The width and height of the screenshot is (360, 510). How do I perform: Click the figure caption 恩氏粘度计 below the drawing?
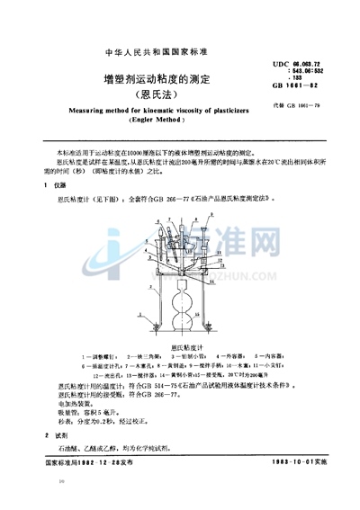pyautogui.click(x=179, y=346)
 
